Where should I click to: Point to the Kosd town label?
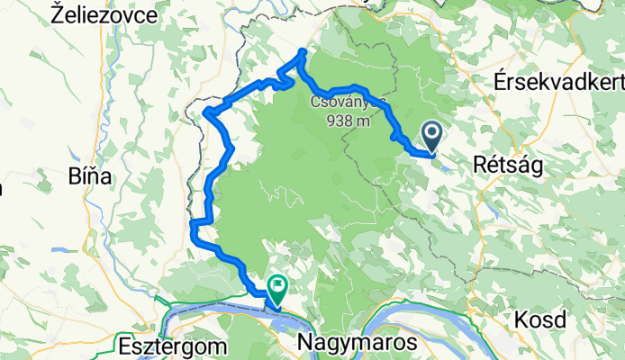click(540, 319)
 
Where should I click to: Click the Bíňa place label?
click(89, 176)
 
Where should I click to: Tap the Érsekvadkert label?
click(559, 83)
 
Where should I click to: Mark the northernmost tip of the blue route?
click(303, 51)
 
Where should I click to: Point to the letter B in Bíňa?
click(74, 176)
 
